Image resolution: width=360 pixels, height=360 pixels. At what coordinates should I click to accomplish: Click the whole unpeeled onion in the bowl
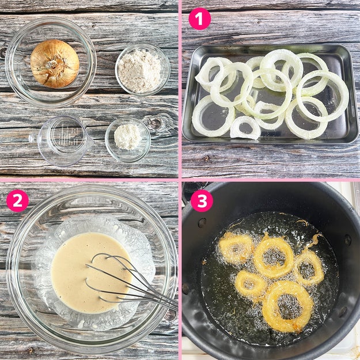tap(55, 63)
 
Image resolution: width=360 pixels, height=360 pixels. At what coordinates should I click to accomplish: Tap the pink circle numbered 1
tap(199, 19)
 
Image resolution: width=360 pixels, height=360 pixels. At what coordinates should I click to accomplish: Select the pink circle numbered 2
tap(17, 200)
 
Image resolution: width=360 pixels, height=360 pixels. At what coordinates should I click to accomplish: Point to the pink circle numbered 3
tap(202, 200)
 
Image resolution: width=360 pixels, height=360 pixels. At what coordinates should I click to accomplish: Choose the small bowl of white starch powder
tap(128, 139)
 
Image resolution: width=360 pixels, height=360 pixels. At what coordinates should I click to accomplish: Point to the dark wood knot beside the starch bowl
tap(155, 124)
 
